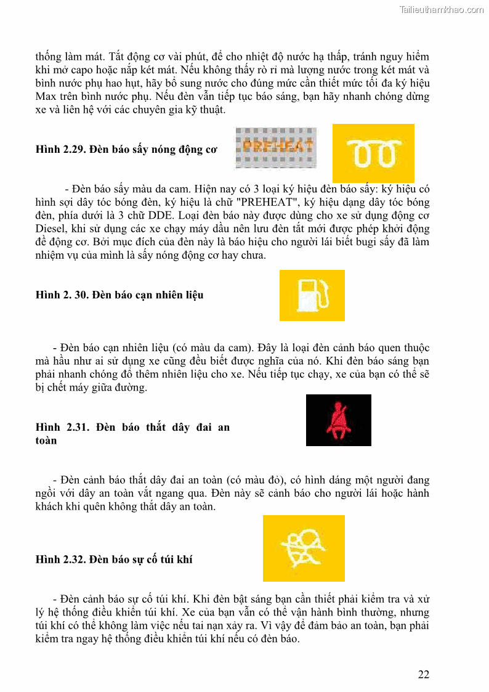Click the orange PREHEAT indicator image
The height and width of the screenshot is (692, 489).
click(277, 148)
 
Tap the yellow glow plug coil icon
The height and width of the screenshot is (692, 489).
click(373, 153)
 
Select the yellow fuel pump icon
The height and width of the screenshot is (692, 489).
click(312, 295)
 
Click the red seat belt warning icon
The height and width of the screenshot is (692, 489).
click(338, 420)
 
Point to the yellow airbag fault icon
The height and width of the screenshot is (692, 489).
click(304, 548)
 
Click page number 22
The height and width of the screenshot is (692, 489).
click(424, 674)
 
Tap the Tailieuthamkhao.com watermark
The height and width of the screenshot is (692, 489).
click(441, 10)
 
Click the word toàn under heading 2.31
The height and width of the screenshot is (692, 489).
click(46, 441)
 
